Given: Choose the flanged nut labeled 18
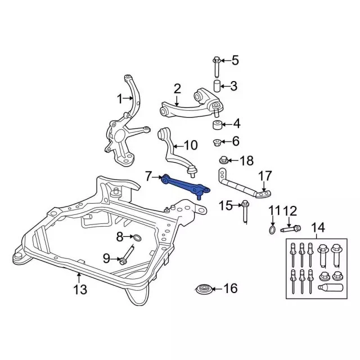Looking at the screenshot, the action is coord(223,160).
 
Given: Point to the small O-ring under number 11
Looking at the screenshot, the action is coord(272,229).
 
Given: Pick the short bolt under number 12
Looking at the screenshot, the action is coord(289,228).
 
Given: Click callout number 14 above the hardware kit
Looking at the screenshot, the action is coord(318,228).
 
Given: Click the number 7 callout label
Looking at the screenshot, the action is coord(148,175).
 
